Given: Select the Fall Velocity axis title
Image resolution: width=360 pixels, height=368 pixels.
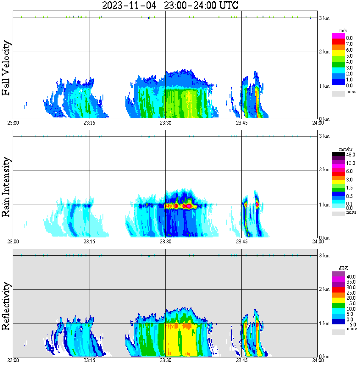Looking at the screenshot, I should (x=6, y=68).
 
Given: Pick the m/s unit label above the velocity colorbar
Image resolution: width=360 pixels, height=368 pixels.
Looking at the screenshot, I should (x=343, y=31).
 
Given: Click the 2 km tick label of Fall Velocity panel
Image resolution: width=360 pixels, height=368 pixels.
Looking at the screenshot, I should (x=324, y=52).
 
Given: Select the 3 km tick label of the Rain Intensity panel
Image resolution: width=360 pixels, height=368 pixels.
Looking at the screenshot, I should (x=324, y=136).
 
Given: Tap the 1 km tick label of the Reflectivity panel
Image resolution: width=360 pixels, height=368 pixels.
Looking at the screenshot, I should (x=324, y=323).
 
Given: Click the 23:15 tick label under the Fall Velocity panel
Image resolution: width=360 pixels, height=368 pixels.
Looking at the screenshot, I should (x=89, y=123).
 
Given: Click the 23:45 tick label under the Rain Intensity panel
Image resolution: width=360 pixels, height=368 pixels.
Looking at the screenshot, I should (x=241, y=242).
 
